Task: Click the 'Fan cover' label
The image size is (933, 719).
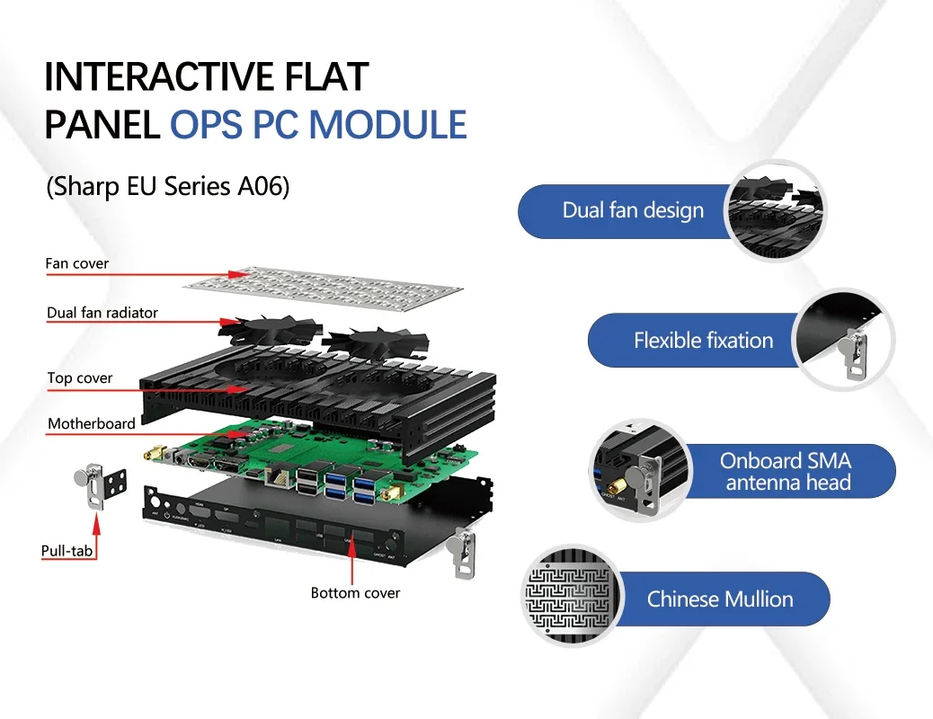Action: point(77,264)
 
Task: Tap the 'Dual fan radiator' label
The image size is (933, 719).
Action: point(102,313)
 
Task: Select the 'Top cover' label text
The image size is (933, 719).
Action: point(80,378)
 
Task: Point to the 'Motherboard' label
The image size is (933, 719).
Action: point(92,423)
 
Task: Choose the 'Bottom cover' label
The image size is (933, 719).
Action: point(355,593)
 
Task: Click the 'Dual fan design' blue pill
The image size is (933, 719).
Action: point(629,211)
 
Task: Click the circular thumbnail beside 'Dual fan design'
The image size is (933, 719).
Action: point(775,209)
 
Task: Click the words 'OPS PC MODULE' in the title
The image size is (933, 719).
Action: point(318,125)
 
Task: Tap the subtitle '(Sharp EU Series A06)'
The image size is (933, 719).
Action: point(167,188)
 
